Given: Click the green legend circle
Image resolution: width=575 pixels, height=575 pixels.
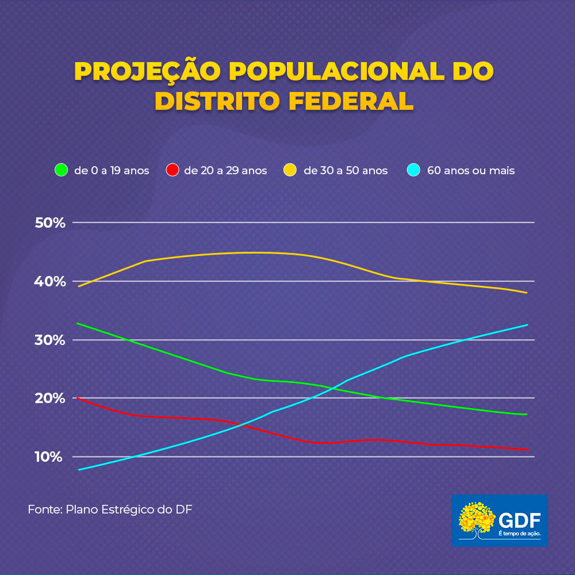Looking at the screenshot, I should pyautogui.click(x=62, y=170).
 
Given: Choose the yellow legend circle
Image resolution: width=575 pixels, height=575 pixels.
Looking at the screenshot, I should pyautogui.click(x=291, y=170).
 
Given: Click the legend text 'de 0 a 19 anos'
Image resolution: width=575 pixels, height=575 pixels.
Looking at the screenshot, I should pyautogui.click(x=112, y=171).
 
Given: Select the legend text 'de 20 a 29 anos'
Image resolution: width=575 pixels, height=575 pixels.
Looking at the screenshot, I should pyautogui.click(x=225, y=171).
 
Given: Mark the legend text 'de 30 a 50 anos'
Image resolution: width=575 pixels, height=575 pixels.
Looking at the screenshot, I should pyautogui.click(x=346, y=171).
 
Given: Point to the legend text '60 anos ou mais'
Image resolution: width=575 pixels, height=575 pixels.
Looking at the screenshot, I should pyautogui.click(x=471, y=171).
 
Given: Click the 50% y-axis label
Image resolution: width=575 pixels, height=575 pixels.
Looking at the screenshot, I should pyautogui.click(x=51, y=223).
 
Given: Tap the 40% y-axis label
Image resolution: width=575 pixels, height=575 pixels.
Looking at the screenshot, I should pyautogui.click(x=51, y=281).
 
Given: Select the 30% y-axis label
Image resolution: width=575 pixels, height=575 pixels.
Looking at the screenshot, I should pyautogui.click(x=51, y=340).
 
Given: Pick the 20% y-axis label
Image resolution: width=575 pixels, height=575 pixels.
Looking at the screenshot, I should pyautogui.click(x=51, y=398).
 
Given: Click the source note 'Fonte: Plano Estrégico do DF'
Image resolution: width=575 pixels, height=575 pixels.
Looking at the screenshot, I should pyautogui.click(x=110, y=509).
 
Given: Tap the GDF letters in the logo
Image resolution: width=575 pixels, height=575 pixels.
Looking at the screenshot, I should pyautogui.click(x=520, y=520).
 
